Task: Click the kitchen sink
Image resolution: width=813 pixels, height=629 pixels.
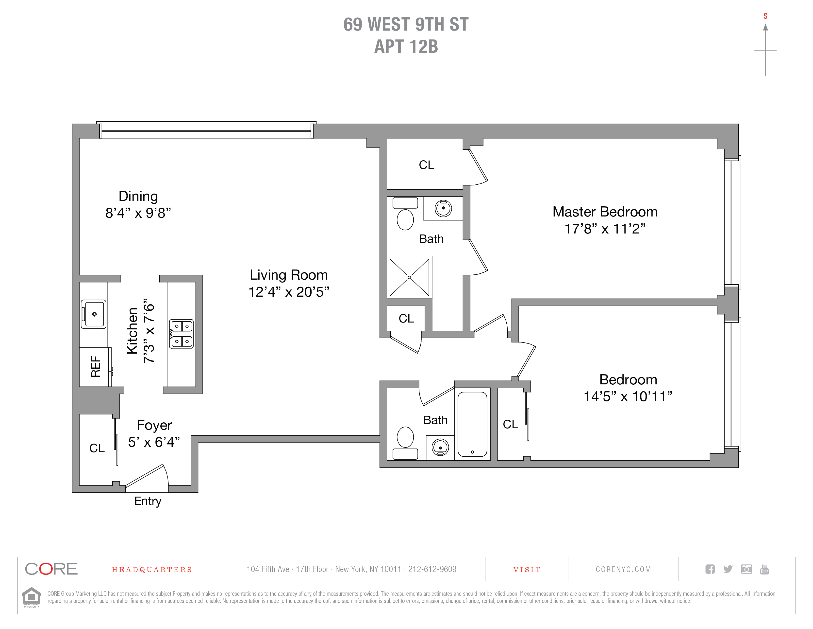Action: [94, 314]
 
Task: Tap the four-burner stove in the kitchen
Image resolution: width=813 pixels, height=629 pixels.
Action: [181, 334]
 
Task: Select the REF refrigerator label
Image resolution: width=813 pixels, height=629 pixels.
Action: [96, 367]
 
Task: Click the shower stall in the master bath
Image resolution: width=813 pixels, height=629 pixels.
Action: [409, 277]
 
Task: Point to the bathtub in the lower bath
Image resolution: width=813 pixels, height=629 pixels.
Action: [472, 424]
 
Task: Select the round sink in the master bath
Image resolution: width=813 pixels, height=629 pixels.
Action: [443, 208]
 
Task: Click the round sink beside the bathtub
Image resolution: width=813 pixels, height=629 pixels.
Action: [440, 448]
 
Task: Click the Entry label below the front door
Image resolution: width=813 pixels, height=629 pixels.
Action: [148, 501]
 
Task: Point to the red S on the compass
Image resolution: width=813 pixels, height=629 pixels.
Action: [765, 16]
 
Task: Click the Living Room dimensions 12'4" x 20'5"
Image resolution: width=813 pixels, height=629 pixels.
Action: [288, 292]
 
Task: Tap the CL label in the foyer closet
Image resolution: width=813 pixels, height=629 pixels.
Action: [97, 448]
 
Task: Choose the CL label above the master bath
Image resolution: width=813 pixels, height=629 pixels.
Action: [426, 165]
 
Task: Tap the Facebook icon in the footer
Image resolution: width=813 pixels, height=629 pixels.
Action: [710, 569]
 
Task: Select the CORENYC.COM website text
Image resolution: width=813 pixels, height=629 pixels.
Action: [623, 569]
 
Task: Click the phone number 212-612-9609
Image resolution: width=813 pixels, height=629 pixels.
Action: [432, 569]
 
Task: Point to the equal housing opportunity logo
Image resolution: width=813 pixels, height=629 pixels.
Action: [32, 597]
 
